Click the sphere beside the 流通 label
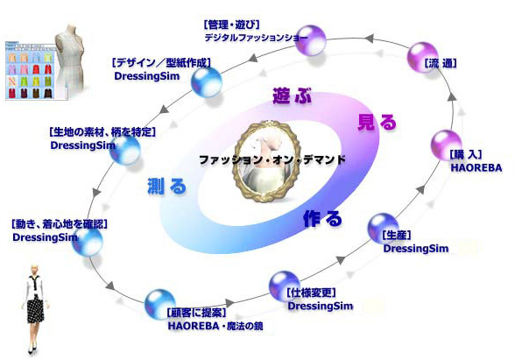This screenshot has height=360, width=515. (422, 57)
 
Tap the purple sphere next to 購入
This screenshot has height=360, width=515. (446, 145)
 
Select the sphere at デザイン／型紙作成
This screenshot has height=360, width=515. (207, 82)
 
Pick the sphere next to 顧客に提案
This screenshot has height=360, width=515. (160, 305)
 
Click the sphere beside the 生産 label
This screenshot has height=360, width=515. (383, 229)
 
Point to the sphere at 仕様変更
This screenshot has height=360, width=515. (285, 286)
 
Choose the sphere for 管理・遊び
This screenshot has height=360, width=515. (310, 40)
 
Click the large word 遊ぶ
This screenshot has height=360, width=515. (292, 96)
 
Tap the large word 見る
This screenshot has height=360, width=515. (377, 123)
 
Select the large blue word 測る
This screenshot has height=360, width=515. (166, 186)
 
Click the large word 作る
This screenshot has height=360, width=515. (322, 218)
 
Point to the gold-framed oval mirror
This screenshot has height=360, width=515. (266, 161)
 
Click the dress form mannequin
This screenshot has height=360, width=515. (70, 60)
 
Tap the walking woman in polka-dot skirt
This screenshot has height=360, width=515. (35, 308)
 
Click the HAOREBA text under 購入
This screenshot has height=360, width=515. (476, 167)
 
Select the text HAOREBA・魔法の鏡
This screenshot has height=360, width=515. (215, 326)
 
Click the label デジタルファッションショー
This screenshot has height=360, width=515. (256, 38)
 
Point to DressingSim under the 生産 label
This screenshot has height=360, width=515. (416, 249)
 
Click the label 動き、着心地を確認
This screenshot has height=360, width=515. (60, 224)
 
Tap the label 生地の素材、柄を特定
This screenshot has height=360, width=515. (102, 132)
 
